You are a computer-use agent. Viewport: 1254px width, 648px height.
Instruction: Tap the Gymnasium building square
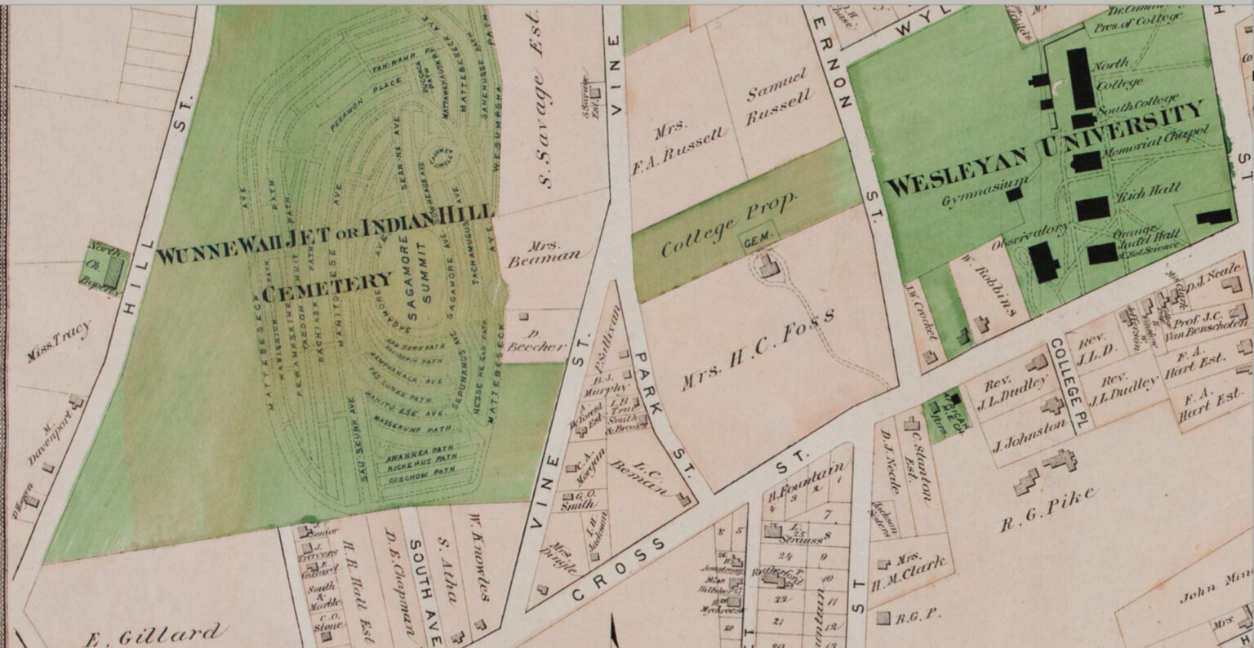[x=1014, y=194]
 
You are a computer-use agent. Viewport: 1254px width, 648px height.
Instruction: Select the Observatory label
[x=1029, y=235]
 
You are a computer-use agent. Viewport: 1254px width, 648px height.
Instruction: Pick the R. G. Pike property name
[x=1048, y=511]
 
